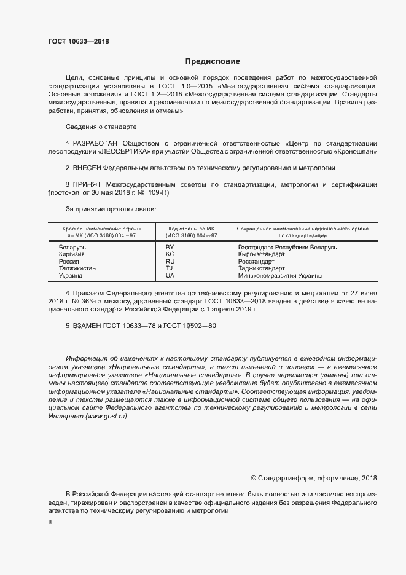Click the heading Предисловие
coord(212,61)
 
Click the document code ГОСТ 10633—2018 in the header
coord(79,42)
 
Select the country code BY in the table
coord(170,247)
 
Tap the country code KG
coord(170,254)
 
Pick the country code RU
coord(170,262)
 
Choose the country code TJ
coord(170,268)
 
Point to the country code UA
coord(170,276)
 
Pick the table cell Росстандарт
coord(256,262)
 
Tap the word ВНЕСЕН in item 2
coord(87,167)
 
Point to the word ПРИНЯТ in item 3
coord(87,184)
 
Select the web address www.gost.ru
coord(106,417)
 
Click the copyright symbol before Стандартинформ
coord(254,478)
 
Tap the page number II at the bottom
coord(50,521)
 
